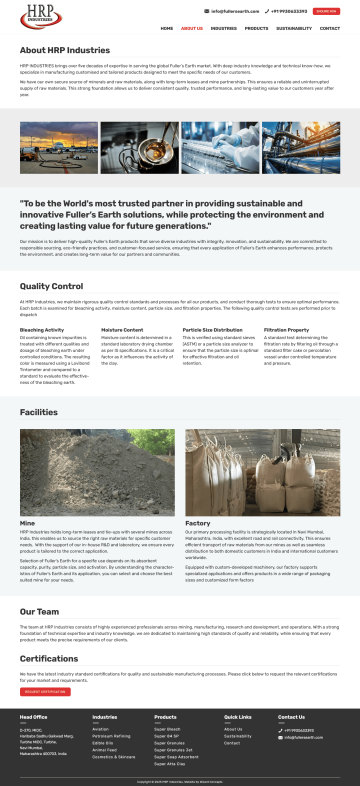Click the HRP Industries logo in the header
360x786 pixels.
(38, 17)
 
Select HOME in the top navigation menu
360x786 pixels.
(166, 29)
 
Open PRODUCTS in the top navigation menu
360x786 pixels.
(256, 29)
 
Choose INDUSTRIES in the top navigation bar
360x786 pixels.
(224, 29)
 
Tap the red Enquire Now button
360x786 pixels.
(326, 11)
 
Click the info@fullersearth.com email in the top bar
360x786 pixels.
(233, 11)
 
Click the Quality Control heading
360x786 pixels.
(51, 287)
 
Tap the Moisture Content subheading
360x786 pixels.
(121, 329)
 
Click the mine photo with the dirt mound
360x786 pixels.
(96, 472)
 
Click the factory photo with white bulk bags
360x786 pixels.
(262, 472)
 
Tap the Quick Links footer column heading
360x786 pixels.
(238, 717)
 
